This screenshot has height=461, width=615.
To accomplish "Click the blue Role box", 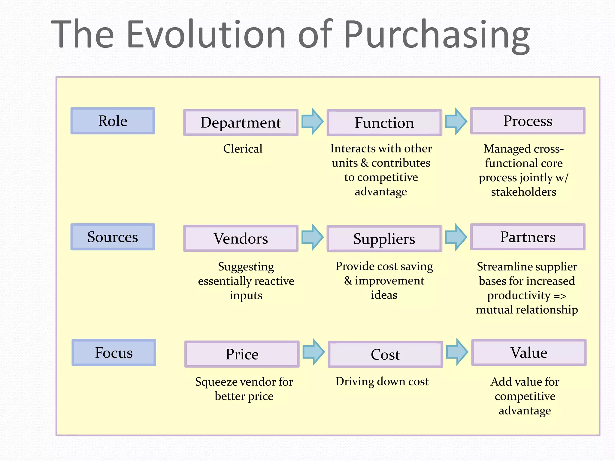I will point(113,121).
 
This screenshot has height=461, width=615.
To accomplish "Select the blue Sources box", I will point(113,237).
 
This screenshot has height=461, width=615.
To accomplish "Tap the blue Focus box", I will point(114,353).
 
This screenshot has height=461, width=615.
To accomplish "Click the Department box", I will point(241,122).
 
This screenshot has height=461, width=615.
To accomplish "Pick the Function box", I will point(384,123).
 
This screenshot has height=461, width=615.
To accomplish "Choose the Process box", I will point(528,121).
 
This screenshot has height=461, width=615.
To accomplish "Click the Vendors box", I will point(241,239).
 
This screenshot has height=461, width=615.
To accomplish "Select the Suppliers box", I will point(384,239).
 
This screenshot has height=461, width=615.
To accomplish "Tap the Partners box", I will point(528,237).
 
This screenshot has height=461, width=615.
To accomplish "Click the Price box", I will point(242,354).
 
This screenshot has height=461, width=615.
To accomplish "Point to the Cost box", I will point(385,354).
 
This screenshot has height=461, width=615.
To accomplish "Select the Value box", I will point(529,353).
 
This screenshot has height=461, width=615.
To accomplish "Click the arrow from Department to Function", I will point(312,121).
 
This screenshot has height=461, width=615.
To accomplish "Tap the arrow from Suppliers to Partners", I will point(456,237).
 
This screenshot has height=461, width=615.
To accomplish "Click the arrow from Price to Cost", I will point(314,352).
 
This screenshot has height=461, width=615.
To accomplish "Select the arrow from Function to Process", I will point(456,121).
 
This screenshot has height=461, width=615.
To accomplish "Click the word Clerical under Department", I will point(243,149).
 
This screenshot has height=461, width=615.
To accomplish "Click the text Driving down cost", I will point(382,381).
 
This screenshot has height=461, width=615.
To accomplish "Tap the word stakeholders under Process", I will point(523,192).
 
